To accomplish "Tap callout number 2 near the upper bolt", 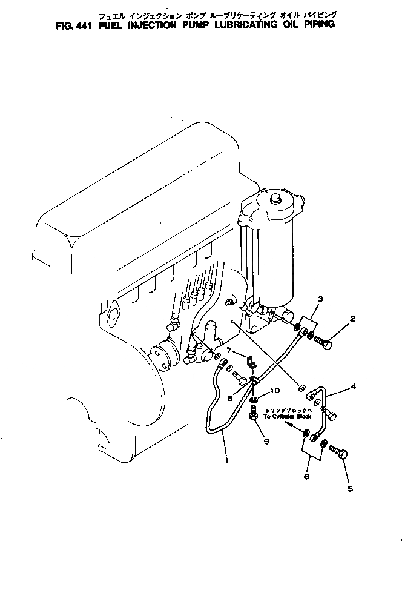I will tap(352, 319).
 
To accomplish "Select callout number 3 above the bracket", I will tap(320, 299).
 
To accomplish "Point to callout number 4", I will tap(354, 385).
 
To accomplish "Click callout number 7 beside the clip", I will tap(229, 350).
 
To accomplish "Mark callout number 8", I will tap(230, 398).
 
